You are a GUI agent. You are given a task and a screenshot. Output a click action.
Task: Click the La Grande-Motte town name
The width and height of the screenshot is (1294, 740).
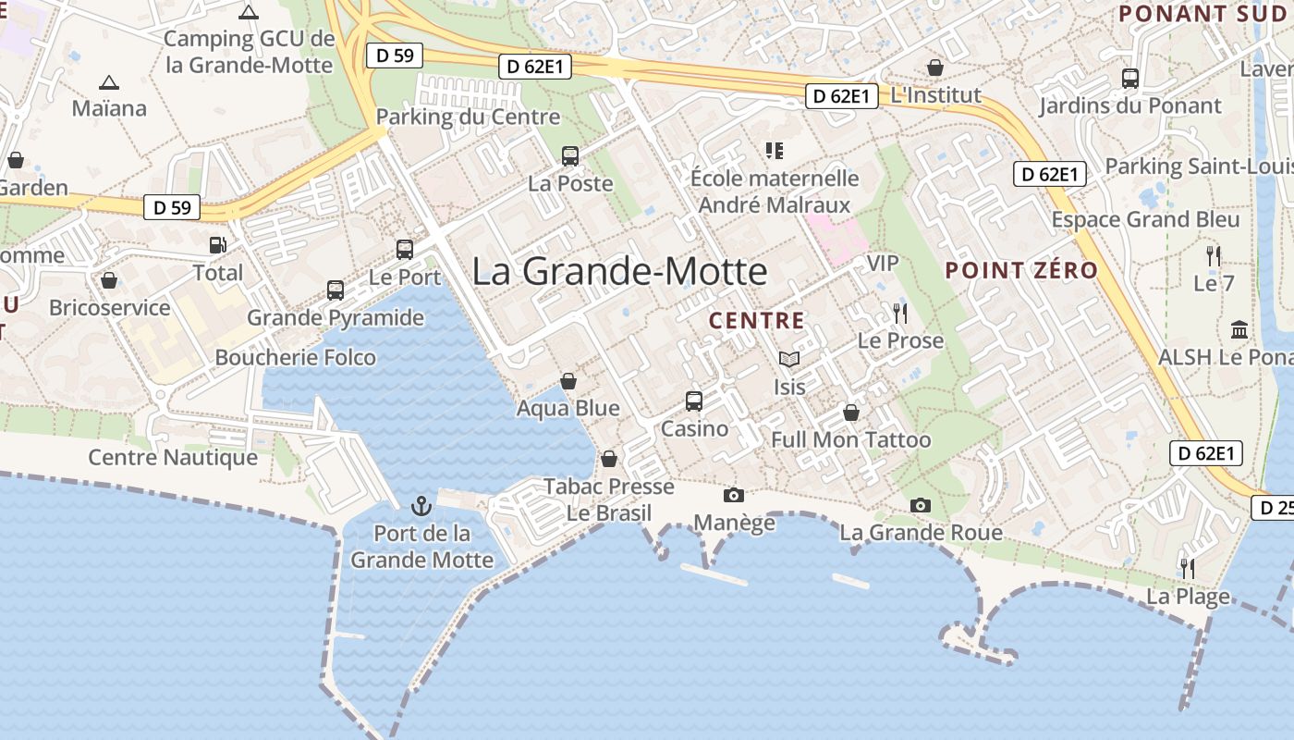[x=619, y=271]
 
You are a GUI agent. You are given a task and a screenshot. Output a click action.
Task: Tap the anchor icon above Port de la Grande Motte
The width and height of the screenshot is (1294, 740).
[x=421, y=506]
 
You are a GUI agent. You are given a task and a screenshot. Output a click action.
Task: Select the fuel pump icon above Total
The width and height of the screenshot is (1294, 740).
[x=218, y=245]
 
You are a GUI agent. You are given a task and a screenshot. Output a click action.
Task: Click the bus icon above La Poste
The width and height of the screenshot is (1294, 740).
[x=570, y=156]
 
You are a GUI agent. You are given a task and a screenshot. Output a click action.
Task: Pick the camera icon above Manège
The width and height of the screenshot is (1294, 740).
[x=734, y=496]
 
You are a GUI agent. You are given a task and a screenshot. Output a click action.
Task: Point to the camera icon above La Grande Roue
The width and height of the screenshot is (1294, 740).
[x=921, y=505]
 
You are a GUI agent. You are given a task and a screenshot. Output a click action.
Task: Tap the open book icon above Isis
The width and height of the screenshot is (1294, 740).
[x=788, y=360]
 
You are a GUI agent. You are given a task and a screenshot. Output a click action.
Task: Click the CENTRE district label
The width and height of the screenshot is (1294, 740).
[x=756, y=321]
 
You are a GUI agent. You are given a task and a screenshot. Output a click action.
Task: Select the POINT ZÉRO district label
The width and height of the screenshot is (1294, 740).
[x=1021, y=271]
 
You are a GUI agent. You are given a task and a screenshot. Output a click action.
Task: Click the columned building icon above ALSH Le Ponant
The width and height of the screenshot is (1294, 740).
[x=1239, y=329]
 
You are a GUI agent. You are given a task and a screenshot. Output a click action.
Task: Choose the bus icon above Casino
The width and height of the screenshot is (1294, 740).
[x=694, y=401]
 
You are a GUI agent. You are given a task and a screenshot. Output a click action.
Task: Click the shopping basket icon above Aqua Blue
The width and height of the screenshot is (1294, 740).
[x=568, y=381]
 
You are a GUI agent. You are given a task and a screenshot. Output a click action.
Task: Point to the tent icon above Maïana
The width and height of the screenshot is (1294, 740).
[x=109, y=82]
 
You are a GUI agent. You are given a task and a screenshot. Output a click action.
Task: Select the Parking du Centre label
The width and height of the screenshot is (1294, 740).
[x=468, y=117]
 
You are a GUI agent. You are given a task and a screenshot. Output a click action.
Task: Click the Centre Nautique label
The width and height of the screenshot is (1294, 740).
[x=173, y=457]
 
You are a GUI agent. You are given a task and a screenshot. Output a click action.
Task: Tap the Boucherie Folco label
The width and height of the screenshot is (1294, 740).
[x=296, y=357]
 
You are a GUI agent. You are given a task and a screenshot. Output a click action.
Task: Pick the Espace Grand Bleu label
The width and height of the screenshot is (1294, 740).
[x=1146, y=219]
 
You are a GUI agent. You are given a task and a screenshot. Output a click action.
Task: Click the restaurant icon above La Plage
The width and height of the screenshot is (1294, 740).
[x=1188, y=568]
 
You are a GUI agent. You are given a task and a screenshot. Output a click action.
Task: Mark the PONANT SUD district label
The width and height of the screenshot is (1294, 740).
[x=1202, y=14]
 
